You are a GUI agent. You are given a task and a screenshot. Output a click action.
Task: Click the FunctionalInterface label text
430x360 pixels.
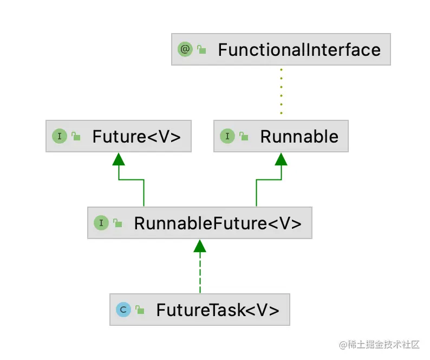pyautogui.click(x=299, y=50)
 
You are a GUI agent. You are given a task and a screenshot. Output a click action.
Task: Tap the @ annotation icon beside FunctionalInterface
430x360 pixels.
pyautogui.click(x=185, y=49)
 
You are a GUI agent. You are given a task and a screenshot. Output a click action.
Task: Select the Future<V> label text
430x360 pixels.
pyautogui.click(x=136, y=136)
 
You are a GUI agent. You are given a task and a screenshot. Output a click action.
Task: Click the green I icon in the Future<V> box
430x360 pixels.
pyautogui.click(x=59, y=136)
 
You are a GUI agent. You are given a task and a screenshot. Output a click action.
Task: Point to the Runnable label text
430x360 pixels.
pyautogui.click(x=299, y=136)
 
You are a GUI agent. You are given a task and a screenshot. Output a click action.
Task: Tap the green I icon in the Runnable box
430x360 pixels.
pyautogui.click(x=227, y=136)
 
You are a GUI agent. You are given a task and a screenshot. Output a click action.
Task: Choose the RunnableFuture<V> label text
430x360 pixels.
pyautogui.click(x=217, y=223)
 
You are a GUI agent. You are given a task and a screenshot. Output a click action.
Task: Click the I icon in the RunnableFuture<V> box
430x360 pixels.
pyautogui.click(x=101, y=223)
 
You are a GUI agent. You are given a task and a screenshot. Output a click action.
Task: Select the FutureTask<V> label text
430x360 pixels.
pyautogui.click(x=218, y=310)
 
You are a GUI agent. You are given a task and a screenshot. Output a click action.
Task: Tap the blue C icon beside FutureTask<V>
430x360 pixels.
pyautogui.click(x=123, y=310)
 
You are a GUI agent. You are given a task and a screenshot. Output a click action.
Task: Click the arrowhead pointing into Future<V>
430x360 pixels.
pyautogui.click(x=119, y=158)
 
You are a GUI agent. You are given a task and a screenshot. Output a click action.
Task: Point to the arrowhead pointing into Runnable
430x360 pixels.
pyautogui.click(x=281, y=158)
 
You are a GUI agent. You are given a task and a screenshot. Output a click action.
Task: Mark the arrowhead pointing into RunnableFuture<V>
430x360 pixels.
pyautogui.click(x=200, y=246)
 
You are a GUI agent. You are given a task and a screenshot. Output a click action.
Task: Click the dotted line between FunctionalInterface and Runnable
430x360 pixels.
pyautogui.click(x=281, y=90)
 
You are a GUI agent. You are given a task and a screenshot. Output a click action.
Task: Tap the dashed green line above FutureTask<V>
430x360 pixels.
pyautogui.click(x=200, y=274)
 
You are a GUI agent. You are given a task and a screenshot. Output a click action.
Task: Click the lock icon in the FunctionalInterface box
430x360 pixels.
pyautogui.click(x=202, y=50)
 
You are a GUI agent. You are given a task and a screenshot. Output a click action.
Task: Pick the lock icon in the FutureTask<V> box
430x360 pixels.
pyautogui.click(x=140, y=310)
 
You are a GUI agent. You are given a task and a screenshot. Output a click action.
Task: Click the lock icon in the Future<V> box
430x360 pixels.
pyautogui.click(x=76, y=137)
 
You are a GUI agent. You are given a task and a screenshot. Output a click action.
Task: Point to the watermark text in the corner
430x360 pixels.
pyautogui.click(x=379, y=344)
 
